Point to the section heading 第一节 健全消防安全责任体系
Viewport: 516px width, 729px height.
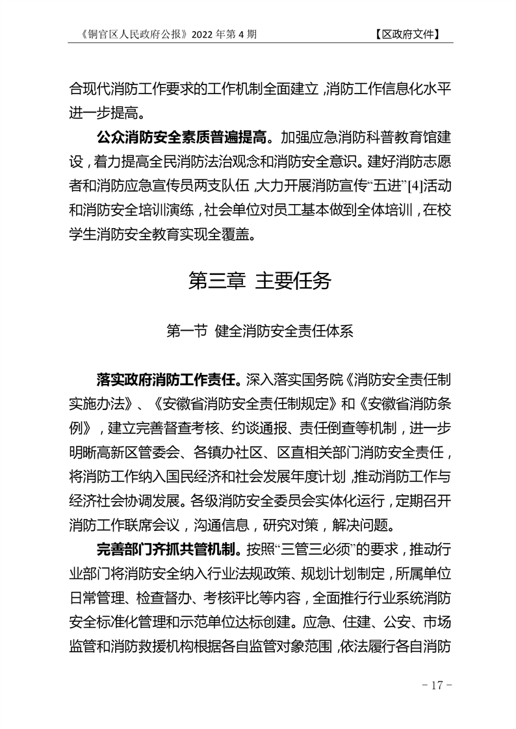click(259, 331)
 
